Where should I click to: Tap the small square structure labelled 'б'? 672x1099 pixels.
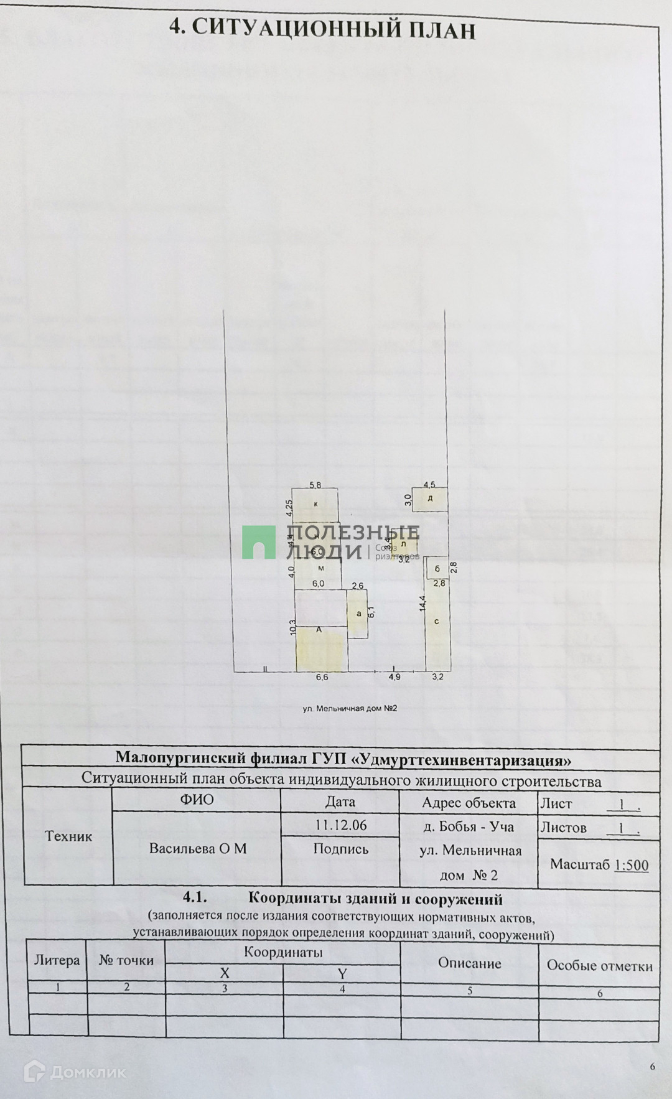tap(437, 568)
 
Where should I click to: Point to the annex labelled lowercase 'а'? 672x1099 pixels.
tap(358, 614)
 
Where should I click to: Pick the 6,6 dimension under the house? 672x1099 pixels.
tap(322, 678)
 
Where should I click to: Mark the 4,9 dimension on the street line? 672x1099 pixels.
tap(394, 677)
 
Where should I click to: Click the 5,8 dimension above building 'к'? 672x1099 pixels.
tap(316, 485)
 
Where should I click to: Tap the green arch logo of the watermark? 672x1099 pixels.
tap(259, 542)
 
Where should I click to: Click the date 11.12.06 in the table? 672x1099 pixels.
tap(340, 825)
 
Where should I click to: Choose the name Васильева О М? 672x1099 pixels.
tap(198, 849)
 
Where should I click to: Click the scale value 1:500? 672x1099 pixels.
tap(631, 865)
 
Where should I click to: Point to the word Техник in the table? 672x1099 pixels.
tap(68, 836)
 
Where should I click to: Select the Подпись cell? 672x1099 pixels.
tap(340, 849)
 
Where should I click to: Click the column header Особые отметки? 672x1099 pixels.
tap(599, 965)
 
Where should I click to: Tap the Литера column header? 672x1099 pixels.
tap(57, 960)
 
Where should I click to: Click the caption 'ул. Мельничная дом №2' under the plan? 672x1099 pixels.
tap(350, 708)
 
